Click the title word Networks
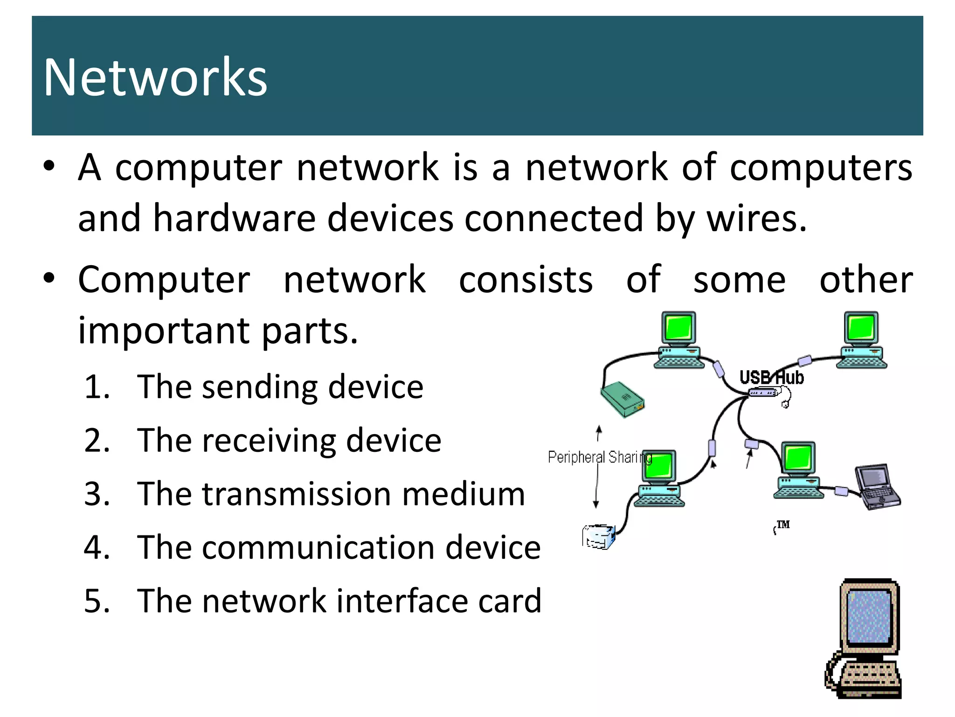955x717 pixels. [x=155, y=77]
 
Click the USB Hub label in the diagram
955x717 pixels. [x=771, y=377]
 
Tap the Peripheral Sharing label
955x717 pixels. [x=599, y=457]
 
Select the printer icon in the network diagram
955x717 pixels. [x=599, y=537]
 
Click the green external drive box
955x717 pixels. [x=622, y=399]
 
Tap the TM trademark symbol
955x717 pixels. [x=782, y=525]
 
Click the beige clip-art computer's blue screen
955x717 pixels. [x=869, y=616]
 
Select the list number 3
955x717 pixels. [x=97, y=494]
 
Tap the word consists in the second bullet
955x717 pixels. [x=526, y=280]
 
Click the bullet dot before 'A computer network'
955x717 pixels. [x=49, y=166]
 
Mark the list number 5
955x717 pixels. [x=97, y=601]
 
